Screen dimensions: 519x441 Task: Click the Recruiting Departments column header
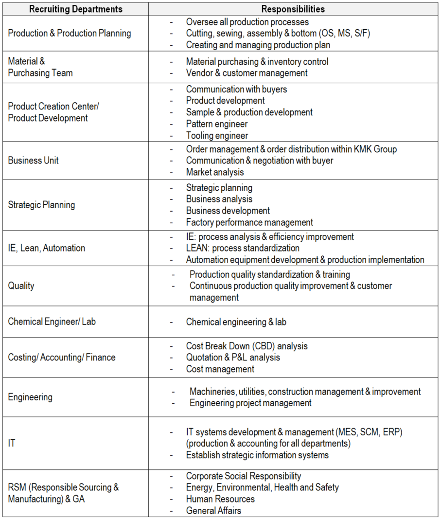coord(75,9)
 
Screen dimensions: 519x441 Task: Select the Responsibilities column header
coord(293,9)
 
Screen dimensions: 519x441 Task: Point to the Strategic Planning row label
coord(41,205)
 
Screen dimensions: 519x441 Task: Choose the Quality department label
coord(21,286)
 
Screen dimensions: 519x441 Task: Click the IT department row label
coord(12,444)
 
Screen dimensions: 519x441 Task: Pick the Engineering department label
coord(30,397)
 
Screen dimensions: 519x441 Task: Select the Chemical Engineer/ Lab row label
coord(55,322)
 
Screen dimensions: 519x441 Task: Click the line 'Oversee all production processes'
coord(247,22)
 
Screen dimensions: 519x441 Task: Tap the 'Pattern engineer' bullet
coord(217,124)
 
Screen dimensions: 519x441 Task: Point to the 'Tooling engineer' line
coord(217,136)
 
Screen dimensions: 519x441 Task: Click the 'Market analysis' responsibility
coord(215,172)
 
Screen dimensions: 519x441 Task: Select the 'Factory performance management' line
coord(249,222)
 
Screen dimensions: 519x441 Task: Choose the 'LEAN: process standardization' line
coord(243,248)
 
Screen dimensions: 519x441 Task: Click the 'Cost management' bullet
coord(220,369)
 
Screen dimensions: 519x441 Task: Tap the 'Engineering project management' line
coord(250,403)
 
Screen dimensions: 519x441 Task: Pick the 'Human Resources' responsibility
coord(220,499)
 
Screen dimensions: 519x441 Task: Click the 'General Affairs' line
coord(213,511)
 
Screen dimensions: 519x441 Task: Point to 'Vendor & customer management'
coord(247,73)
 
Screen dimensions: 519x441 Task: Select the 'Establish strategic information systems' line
coord(257,455)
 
